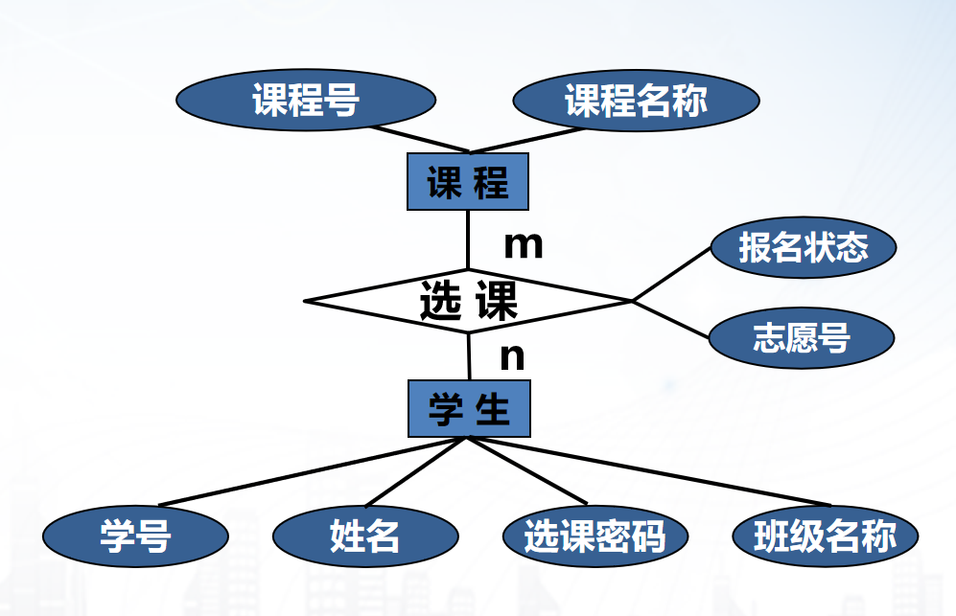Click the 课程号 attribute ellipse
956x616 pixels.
coord(306,99)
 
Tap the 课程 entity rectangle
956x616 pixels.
coord(467,182)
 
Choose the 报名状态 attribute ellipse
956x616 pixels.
coord(804,248)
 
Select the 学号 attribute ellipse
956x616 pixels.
coord(135,536)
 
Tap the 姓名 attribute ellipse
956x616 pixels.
coord(364,536)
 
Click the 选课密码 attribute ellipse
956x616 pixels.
coord(595,536)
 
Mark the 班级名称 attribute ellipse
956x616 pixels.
coord(825,536)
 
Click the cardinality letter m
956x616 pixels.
coord(524,245)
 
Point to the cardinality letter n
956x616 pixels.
coord(513,357)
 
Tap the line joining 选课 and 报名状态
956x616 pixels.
coord(671,274)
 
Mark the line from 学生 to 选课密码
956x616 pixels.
coord(526,470)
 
